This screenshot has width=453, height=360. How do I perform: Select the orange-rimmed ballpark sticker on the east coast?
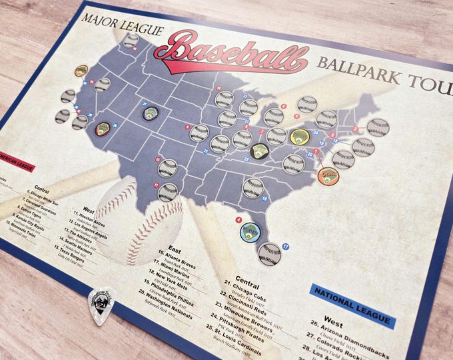click(328, 176)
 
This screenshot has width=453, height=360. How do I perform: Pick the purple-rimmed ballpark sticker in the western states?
click(150, 113)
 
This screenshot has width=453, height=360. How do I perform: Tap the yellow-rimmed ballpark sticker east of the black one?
click(298, 137)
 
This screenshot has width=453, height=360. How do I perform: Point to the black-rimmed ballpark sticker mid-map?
click(259, 151)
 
